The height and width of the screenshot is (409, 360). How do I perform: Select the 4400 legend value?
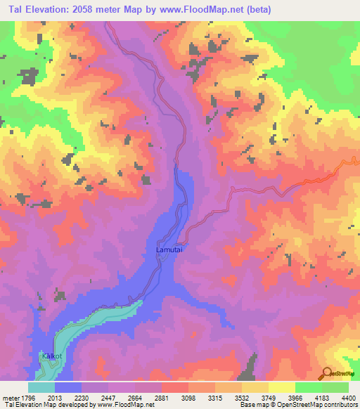349,397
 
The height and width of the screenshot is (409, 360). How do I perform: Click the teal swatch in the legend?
41,387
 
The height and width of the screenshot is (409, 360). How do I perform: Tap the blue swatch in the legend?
68,387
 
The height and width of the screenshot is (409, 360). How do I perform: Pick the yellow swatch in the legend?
282,387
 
